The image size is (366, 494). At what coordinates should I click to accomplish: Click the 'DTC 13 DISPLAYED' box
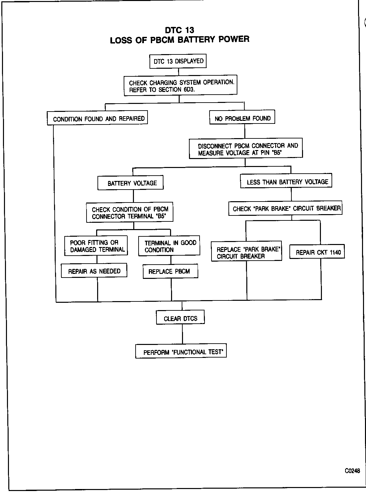(x=178, y=61)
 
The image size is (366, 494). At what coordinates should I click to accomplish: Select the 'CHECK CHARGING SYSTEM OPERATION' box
(x=181, y=86)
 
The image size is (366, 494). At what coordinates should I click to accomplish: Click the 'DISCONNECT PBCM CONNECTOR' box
(x=246, y=149)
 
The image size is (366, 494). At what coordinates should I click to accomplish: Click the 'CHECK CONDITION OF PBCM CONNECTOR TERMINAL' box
(x=130, y=213)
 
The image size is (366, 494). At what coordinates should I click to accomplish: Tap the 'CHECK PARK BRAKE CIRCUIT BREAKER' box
(x=285, y=208)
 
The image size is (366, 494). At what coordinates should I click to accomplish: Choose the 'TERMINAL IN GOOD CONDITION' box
(x=169, y=246)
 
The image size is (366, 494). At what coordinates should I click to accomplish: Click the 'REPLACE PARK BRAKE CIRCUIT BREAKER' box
(x=247, y=252)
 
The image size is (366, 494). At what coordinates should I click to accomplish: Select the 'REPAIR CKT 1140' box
(x=317, y=252)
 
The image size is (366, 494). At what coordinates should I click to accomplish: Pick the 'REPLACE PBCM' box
(x=170, y=271)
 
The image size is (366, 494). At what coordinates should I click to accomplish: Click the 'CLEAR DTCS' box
(x=180, y=318)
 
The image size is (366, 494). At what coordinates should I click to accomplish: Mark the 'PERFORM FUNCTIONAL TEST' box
(x=181, y=352)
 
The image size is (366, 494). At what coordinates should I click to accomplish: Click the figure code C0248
(x=352, y=470)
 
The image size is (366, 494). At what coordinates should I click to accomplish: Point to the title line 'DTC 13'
(x=179, y=30)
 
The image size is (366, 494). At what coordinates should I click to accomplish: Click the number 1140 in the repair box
(x=335, y=252)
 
